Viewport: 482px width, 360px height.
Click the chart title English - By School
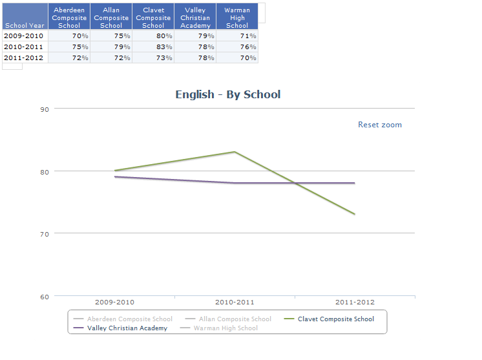pos(228,94)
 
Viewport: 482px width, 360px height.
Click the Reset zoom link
pos(380,125)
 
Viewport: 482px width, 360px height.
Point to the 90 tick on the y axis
pos(45,109)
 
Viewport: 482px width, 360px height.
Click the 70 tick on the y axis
pos(45,233)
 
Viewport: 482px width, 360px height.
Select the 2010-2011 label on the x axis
pos(235,302)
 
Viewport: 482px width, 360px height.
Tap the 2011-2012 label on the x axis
pos(355,302)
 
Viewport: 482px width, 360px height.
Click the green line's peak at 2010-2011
pos(235,152)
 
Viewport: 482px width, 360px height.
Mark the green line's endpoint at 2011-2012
pos(355,214)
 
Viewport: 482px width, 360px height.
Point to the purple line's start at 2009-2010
pos(115,176)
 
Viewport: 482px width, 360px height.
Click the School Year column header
pos(25,25)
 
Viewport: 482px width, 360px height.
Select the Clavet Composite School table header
pos(153,17)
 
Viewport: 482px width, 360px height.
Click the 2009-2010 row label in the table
pos(24,36)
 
